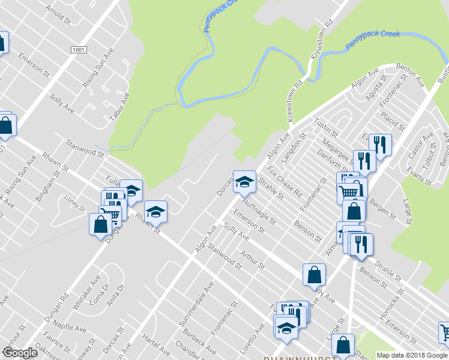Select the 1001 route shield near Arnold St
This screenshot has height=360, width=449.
(x=78, y=50)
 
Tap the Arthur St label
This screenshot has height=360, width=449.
(x=253, y=260)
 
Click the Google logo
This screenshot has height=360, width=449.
(x=20, y=353)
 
